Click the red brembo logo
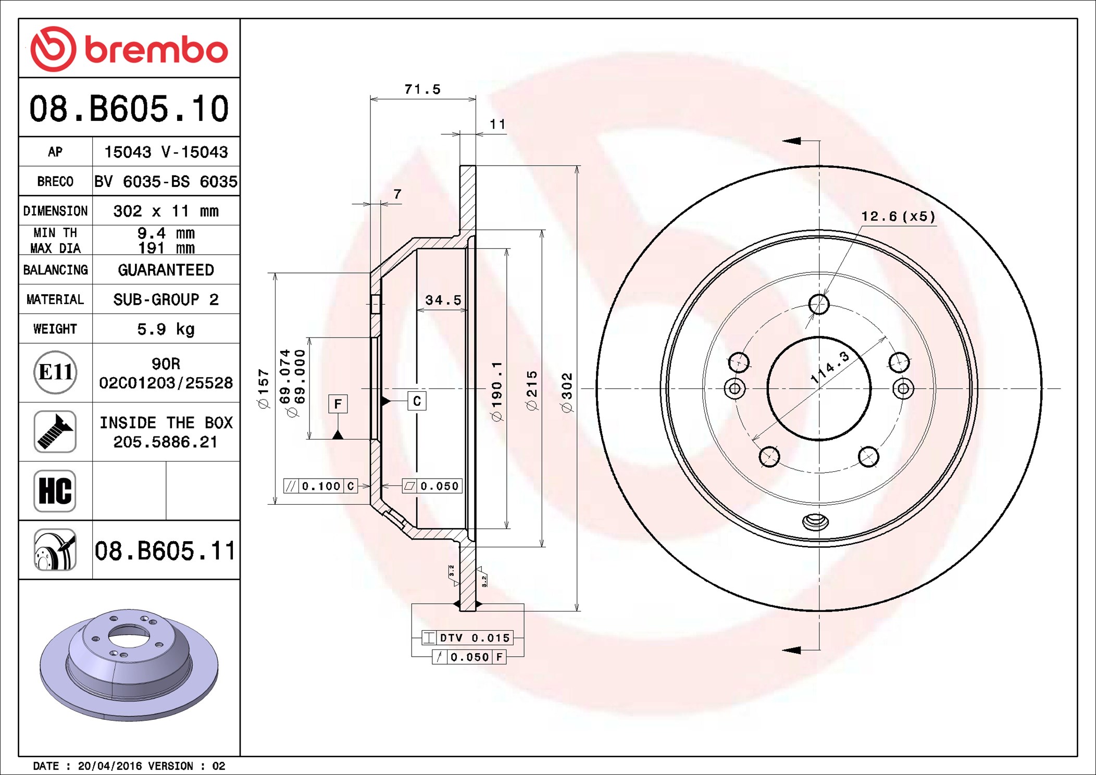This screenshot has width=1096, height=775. pos(129,49)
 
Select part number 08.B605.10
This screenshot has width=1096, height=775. pos(129,109)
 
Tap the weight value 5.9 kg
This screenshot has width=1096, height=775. pos(166,329)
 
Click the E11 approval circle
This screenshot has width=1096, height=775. pos(55,372)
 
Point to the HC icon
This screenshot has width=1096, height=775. pos(55,491)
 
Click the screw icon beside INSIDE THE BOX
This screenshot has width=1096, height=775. pos(55,431)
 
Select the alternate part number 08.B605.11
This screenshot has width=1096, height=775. pos(165,551)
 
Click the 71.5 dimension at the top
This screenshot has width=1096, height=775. pos(422,90)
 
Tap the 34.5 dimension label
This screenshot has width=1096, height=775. pos(443,300)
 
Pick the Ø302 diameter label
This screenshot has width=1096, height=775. pos(567,393)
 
